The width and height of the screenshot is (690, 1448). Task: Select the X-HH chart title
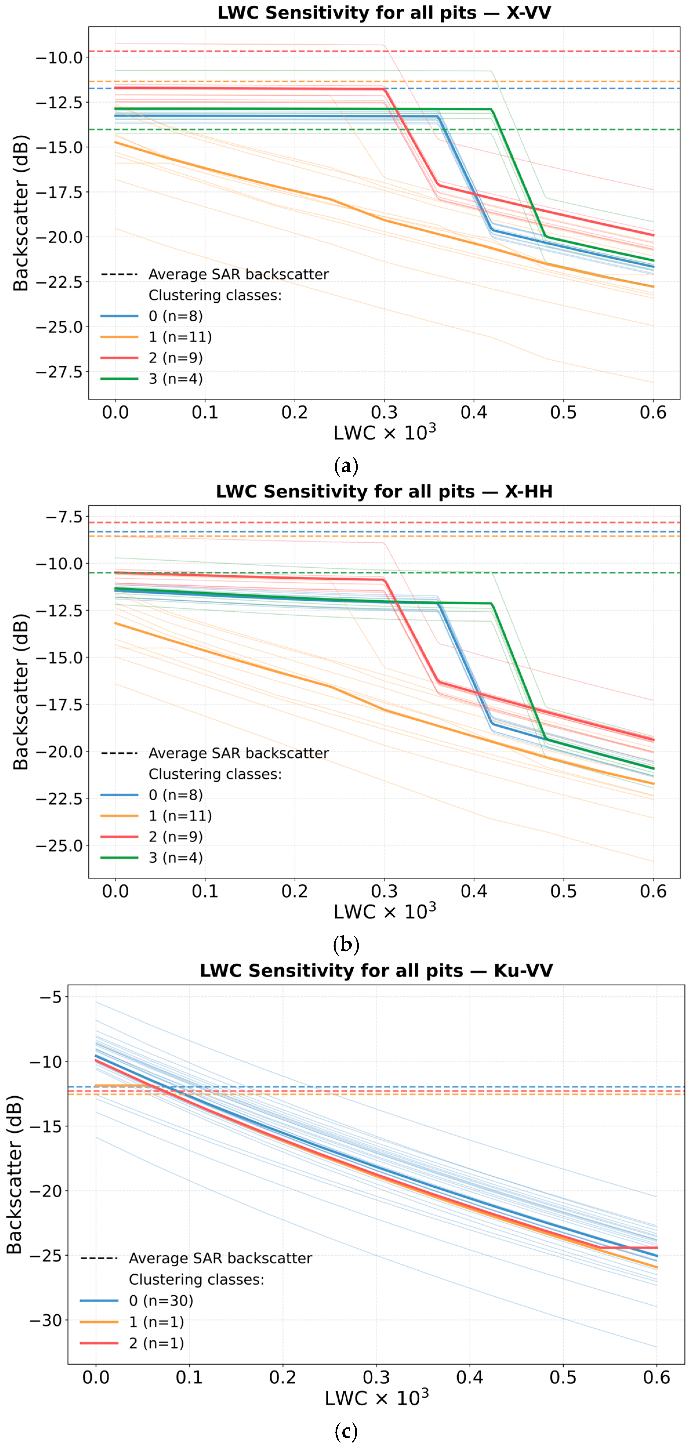(x=384, y=492)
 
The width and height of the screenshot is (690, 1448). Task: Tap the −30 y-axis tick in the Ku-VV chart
(x=48, y=1320)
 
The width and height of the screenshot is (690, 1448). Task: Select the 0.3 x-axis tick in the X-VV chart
(x=384, y=413)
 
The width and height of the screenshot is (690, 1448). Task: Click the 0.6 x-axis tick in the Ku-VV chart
(x=656, y=1377)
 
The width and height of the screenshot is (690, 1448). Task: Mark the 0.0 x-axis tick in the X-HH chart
(x=115, y=891)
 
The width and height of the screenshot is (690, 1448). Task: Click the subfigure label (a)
(x=345, y=466)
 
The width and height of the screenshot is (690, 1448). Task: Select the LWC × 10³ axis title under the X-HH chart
(x=384, y=912)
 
